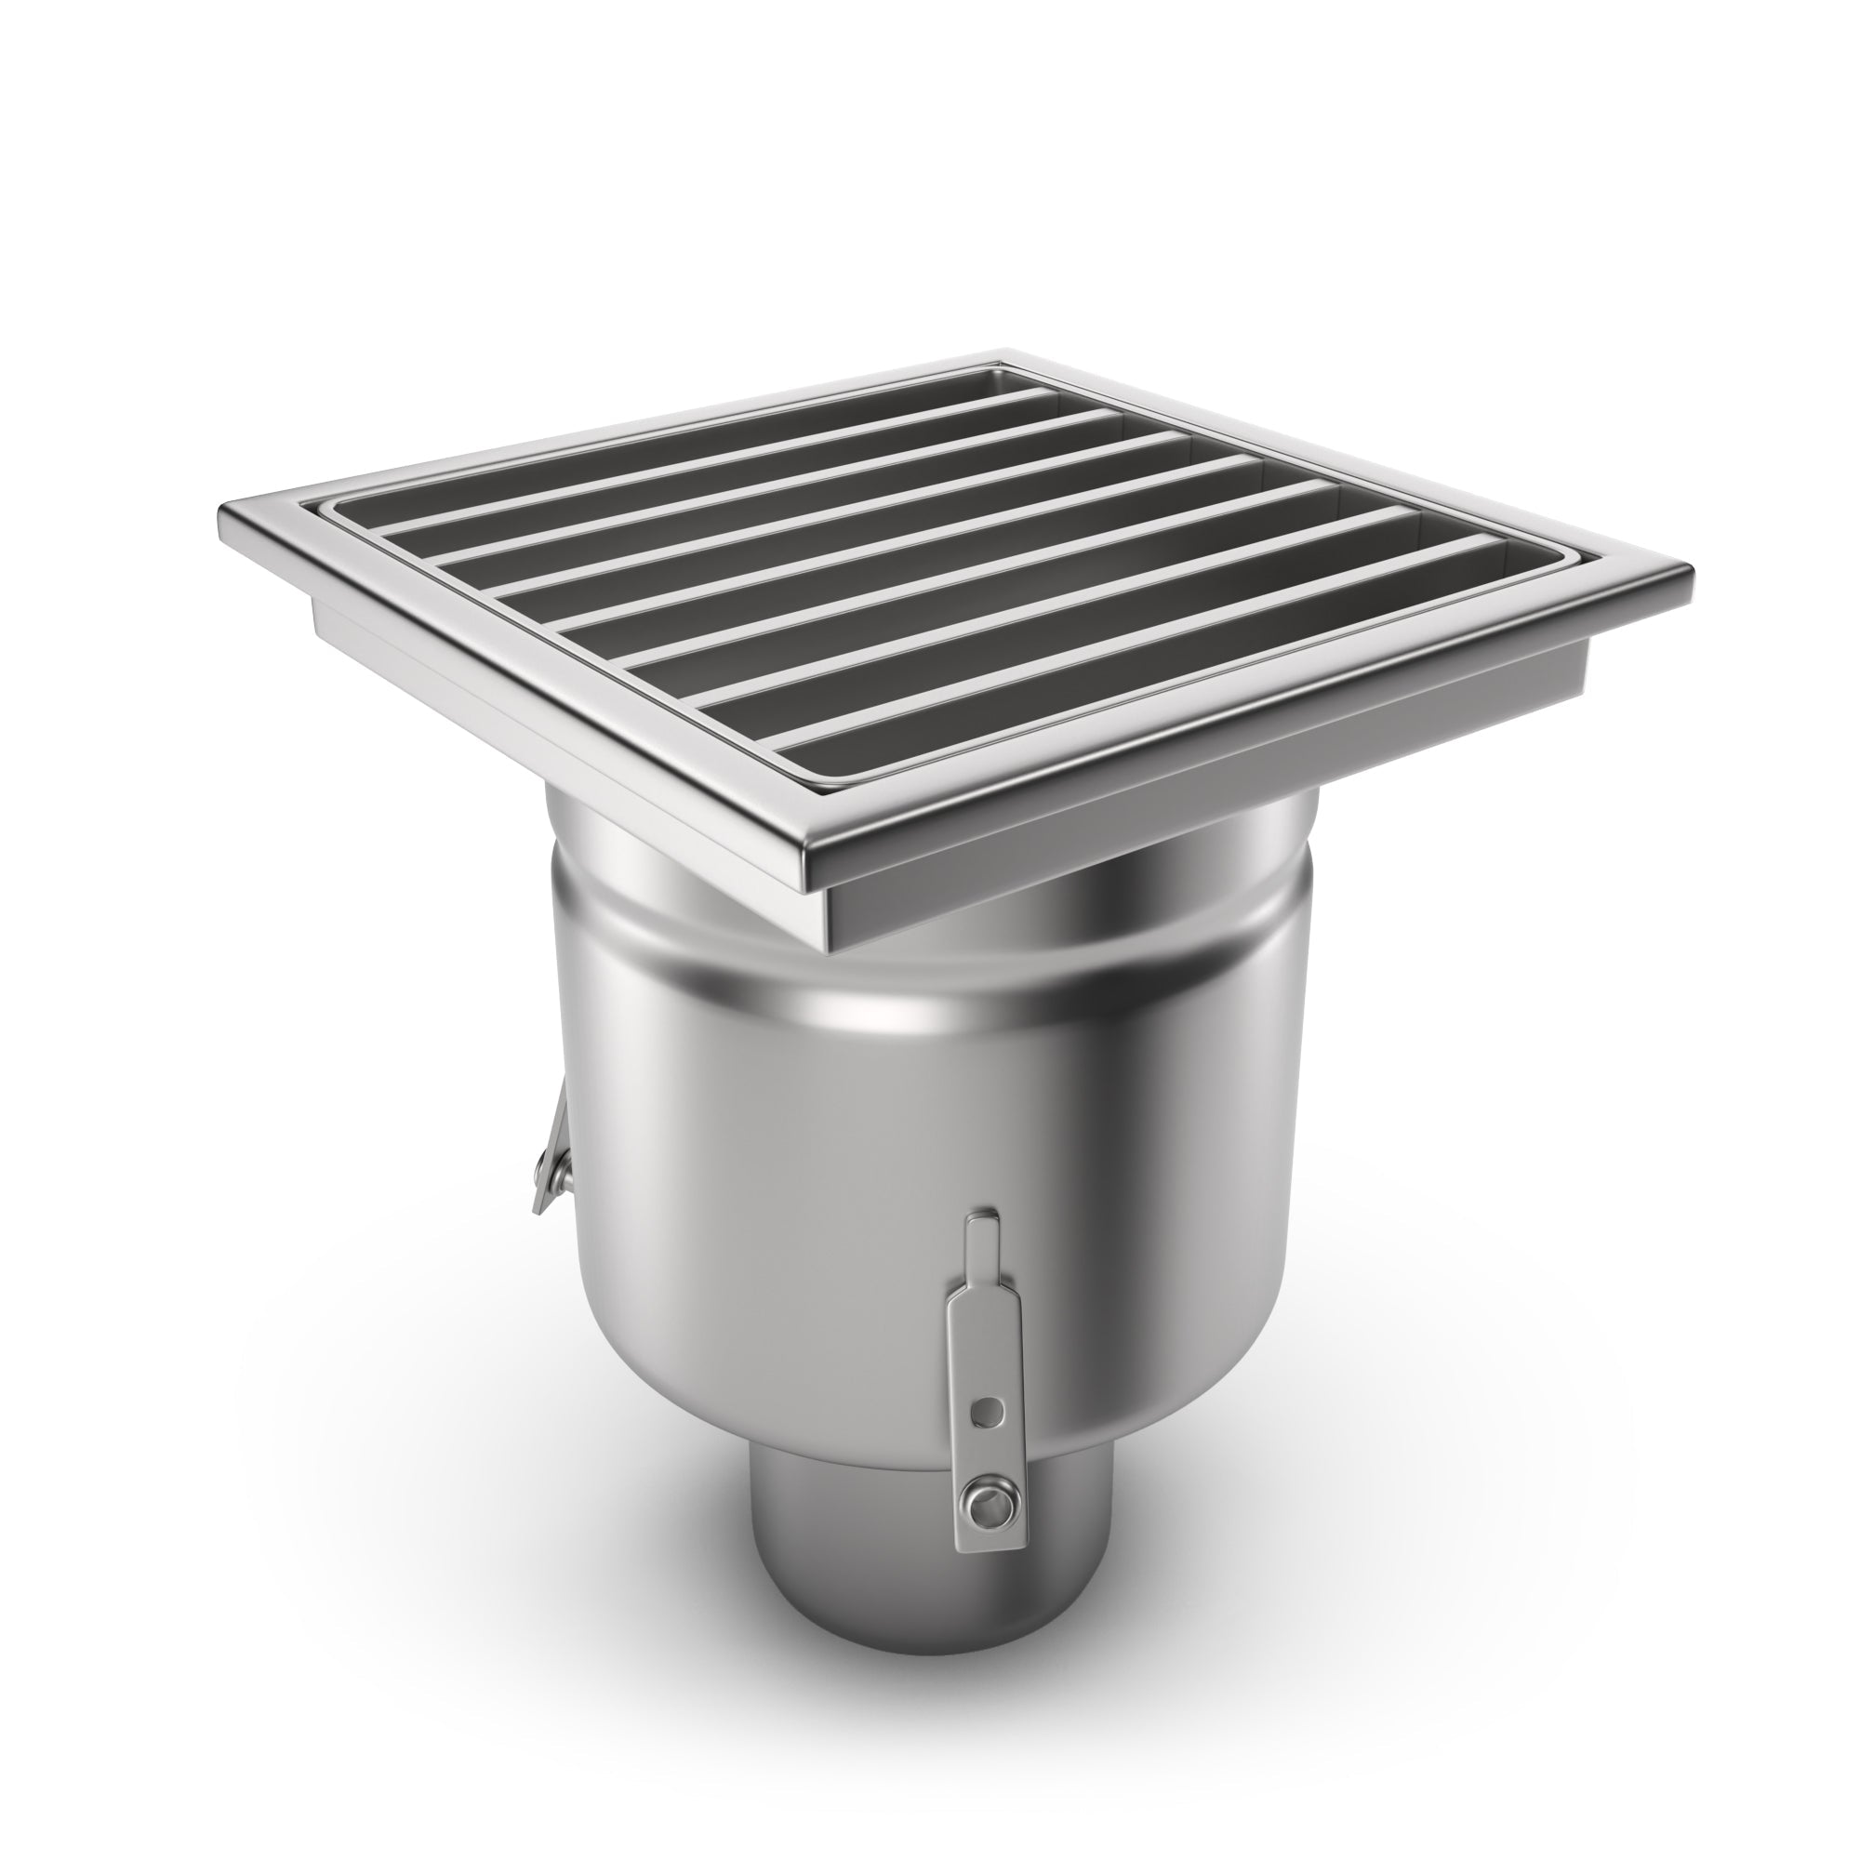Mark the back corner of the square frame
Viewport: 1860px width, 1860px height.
[1007, 352]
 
